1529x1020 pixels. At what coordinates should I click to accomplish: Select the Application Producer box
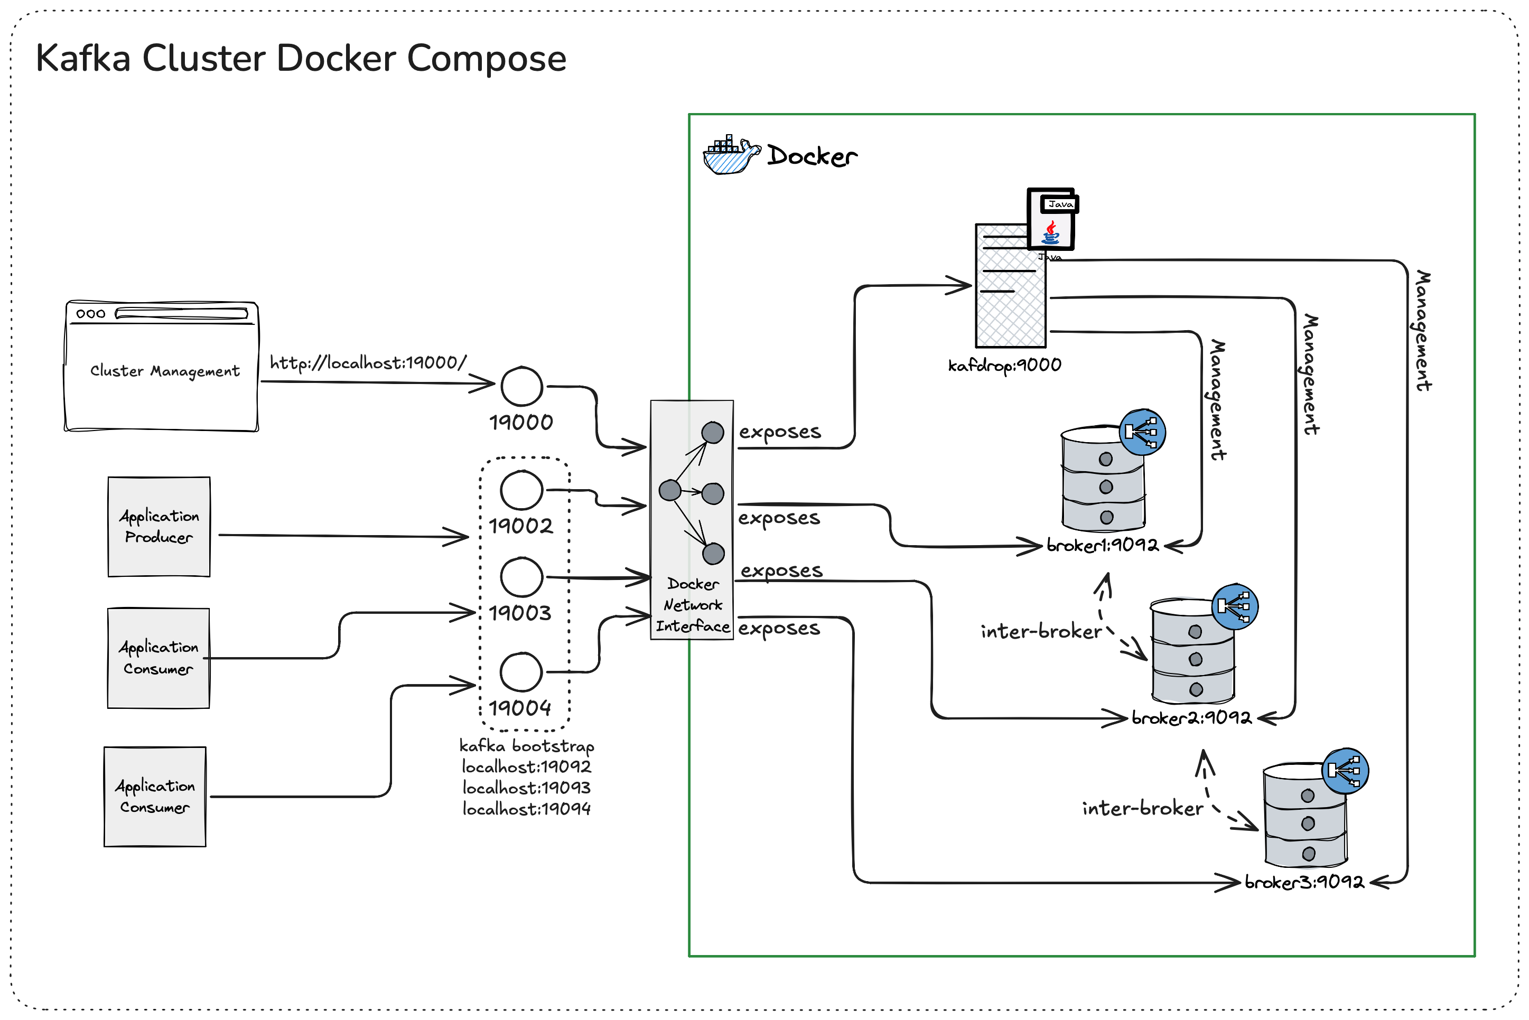159,527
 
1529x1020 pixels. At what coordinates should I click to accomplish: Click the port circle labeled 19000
521,387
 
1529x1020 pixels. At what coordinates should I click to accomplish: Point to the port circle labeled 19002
521,490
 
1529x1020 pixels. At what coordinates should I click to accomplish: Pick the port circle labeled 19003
521,577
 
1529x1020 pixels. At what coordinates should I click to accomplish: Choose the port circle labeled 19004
521,672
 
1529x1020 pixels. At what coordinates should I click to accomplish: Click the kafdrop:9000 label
1004,366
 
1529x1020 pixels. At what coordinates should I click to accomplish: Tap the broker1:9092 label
1102,545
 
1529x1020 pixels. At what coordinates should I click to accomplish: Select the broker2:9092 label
1191,717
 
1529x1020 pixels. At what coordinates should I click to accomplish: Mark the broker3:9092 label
1304,882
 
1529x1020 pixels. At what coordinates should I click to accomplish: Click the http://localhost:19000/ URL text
368,363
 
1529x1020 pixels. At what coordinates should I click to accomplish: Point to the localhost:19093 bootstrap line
526,788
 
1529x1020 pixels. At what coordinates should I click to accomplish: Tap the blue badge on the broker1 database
1142,432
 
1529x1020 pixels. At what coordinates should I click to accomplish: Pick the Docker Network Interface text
692,605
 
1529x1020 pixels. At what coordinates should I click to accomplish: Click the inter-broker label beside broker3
1142,809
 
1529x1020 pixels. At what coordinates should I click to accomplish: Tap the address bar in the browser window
182,314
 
